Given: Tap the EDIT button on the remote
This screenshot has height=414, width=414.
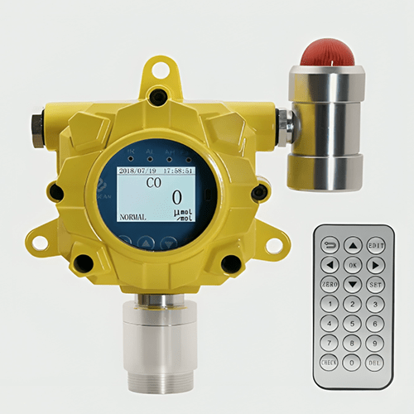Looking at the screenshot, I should click(376, 246).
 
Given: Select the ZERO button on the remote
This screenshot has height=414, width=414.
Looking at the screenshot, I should click(330, 285).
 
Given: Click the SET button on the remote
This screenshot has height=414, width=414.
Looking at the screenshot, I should click(376, 285).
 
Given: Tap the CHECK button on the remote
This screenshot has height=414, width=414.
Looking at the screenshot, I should click(330, 362).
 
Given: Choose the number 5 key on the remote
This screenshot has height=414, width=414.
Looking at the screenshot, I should click(353, 324).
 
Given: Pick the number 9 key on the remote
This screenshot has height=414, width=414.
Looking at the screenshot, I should click(376, 343).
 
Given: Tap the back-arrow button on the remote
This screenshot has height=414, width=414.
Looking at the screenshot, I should click(330, 246).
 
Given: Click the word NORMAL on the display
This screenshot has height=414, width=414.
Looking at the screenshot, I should click(132, 217).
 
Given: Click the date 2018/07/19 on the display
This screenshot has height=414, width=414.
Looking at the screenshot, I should click(137, 170).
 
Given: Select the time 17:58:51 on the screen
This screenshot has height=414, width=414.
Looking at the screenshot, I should click(178, 170).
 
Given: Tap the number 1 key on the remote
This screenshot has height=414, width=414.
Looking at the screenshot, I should click(330, 305).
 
